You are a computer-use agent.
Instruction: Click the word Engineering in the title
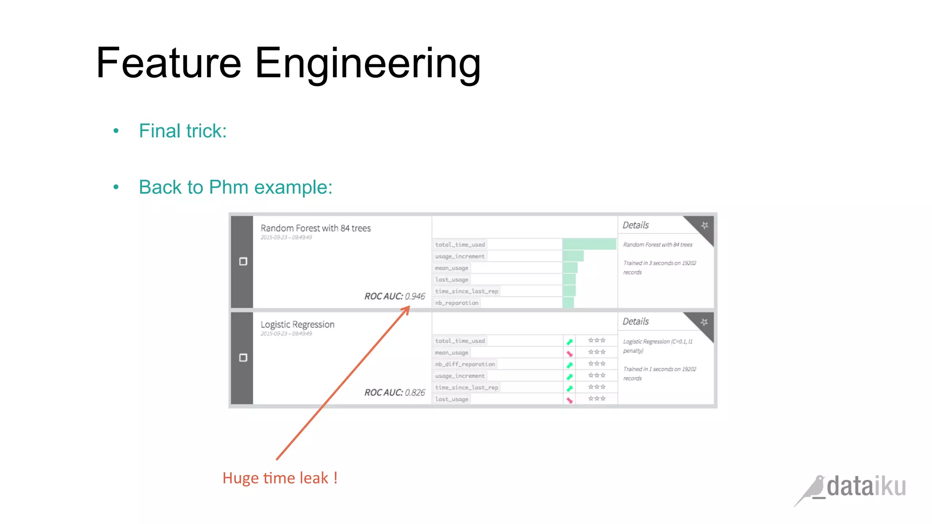(x=368, y=64)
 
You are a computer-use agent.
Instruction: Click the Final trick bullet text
(x=182, y=131)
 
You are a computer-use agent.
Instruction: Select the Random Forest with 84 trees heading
(x=315, y=228)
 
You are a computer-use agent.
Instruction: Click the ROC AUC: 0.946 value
(x=395, y=296)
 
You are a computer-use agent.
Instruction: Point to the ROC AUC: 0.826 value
(x=395, y=393)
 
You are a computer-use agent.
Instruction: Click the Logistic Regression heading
(x=297, y=325)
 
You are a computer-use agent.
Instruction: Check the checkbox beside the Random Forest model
(x=243, y=262)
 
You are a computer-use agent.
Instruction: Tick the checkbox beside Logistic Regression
(x=243, y=358)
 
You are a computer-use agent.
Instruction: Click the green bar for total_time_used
(x=589, y=244)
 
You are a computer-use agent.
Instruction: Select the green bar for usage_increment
(x=573, y=256)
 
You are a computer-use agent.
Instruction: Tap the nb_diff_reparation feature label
(x=465, y=364)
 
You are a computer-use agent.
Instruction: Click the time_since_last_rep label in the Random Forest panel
(x=466, y=291)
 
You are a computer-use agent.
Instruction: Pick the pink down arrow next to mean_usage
(x=569, y=353)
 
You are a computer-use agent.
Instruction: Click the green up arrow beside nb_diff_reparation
(x=569, y=365)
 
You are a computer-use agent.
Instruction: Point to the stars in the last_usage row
(x=597, y=399)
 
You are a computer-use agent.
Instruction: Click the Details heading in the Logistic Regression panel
(x=635, y=322)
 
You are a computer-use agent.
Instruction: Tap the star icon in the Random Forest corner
(x=704, y=225)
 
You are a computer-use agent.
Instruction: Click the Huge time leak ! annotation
(x=280, y=478)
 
